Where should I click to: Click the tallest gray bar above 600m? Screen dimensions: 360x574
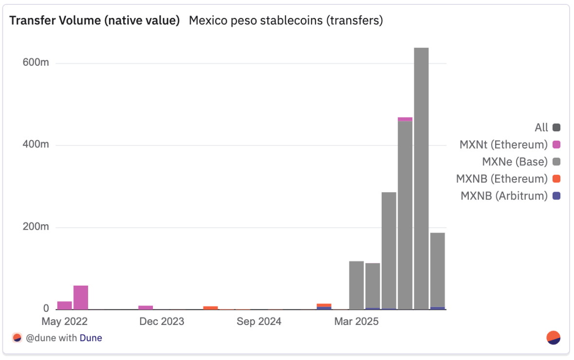tap(421, 175)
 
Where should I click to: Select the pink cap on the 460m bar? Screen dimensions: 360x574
tap(405, 119)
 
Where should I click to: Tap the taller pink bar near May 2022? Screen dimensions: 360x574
tap(81, 297)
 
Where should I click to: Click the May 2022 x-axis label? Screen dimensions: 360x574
tap(65, 322)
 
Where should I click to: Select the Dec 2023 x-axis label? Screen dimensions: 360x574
tap(162, 322)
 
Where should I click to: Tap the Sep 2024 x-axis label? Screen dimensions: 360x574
tap(259, 322)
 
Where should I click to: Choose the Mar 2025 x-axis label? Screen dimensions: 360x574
tap(356, 322)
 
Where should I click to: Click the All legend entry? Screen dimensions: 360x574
tap(541, 128)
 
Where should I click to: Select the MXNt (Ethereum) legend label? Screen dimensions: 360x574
tap(503, 144)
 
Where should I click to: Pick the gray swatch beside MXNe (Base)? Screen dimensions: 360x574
tap(556, 162)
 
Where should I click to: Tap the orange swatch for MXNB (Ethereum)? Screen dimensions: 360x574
tap(556, 179)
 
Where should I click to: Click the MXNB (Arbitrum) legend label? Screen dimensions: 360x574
tap(504, 196)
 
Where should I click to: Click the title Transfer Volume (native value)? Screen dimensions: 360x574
tap(95, 20)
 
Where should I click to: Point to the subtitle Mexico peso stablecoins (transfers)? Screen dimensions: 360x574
tap(286, 20)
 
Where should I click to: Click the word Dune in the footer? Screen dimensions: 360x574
tap(91, 338)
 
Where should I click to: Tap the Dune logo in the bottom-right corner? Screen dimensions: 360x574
tap(554, 338)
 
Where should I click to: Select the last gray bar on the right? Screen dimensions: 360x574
tap(438, 270)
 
